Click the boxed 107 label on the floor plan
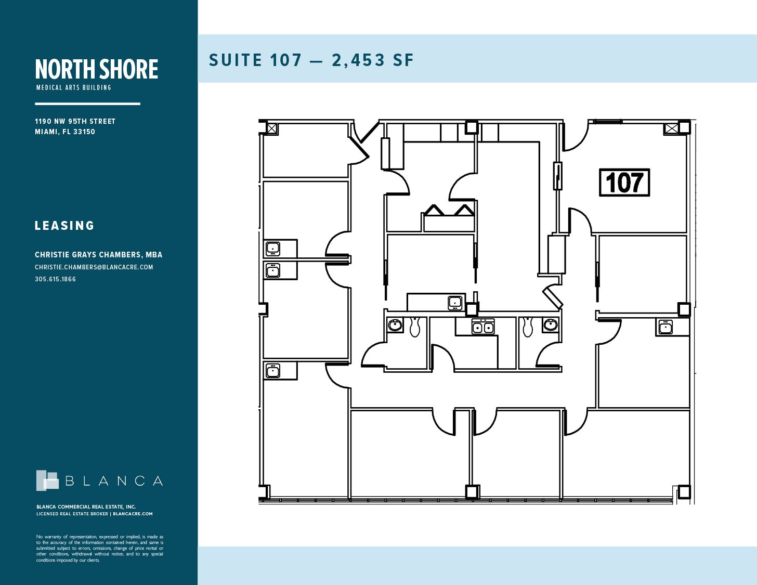click(x=624, y=183)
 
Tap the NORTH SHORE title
click(x=97, y=69)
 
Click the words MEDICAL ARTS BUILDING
click(x=73, y=88)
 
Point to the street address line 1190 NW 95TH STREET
click(x=75, y=121)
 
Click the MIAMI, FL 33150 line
click(x=65, y=132)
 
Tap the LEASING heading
click(x=64, y=226)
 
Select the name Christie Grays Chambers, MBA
click(x=98, y=255)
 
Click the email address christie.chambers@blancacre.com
click(x=94, y=267)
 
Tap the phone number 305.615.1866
click(x=55, y=279)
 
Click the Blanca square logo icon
click(x=47, y=480)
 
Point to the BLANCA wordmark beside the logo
click(x=114, y=482)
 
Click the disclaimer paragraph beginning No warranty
click(x=99, y=549)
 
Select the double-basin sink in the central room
click(x=483, y=327)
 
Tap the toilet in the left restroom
click(x=415, y=327)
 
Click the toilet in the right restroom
click(x=528, y=327)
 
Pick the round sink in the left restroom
click(x=395, y=326)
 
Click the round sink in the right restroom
click(x=550, y=325)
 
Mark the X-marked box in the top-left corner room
click(x=272, y=128)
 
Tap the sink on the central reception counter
click(x=455, y=302)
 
